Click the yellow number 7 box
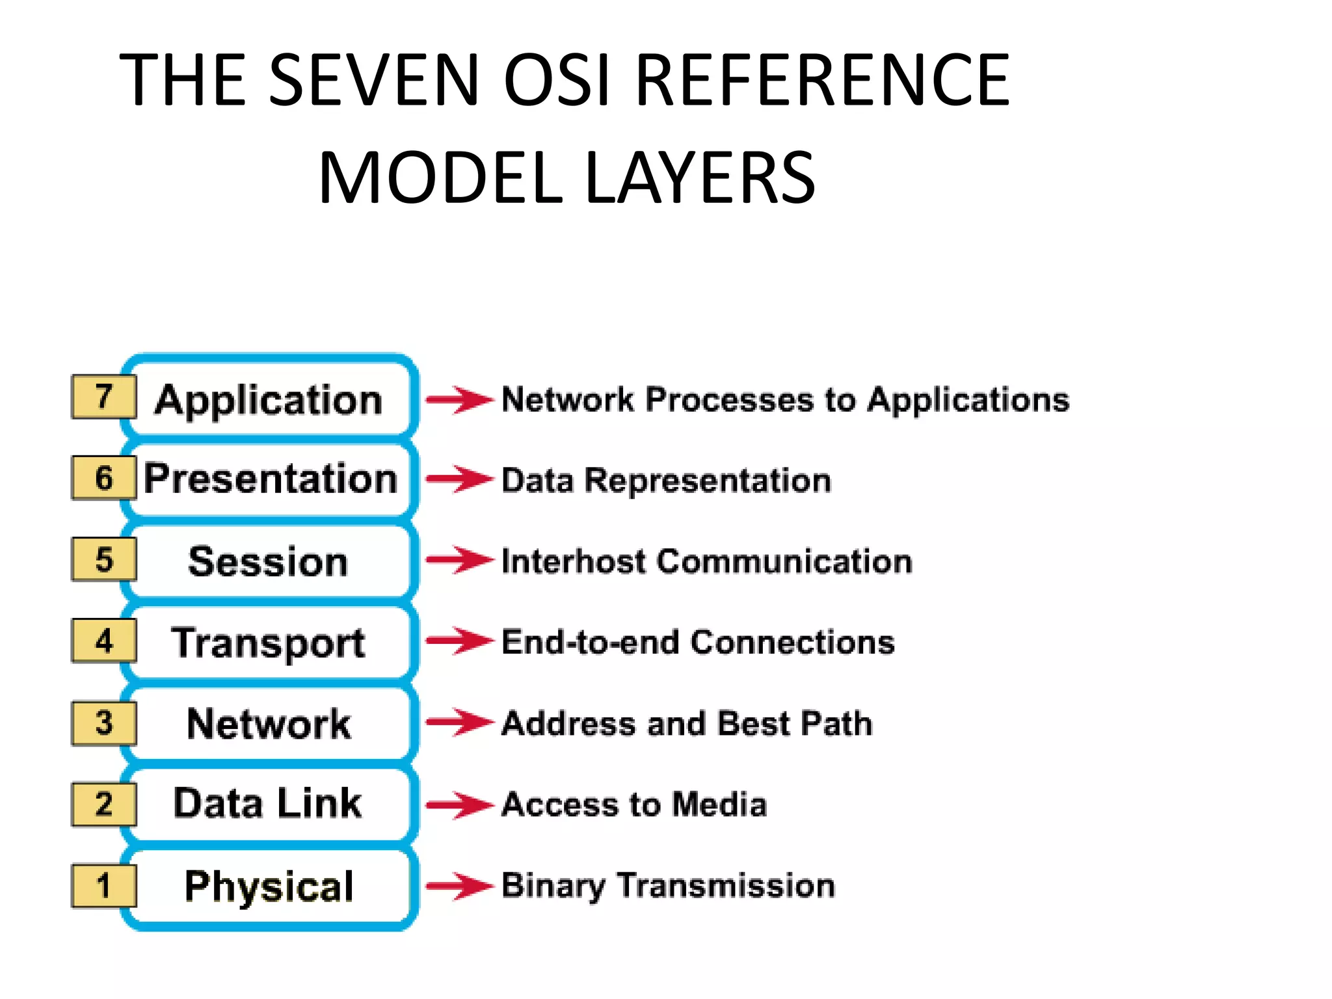click(x=104, y=397)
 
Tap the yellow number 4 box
click(x=104, y=641)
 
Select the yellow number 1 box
click(x=104, y=885)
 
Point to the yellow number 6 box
click(x=104, y=478)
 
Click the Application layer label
click(x=269, y=399)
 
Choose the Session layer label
click(x=268, y=561)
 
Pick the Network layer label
click(x=268, y=723)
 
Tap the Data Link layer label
click(x=267, y=803)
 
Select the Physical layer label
click(x=269, y=886)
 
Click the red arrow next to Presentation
click(x=459, y=479)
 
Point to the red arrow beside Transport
click(x=459, y=641)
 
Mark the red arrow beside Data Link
click(x=459, y=805)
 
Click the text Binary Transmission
click(x=669, y=886)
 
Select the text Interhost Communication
click(x=707, y=561)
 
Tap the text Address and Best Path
click(x=687, y=723)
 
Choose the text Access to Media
click(x=635, y=805)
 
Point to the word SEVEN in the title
click(x=374, y=80)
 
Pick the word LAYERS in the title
click(x=700, y=178)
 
